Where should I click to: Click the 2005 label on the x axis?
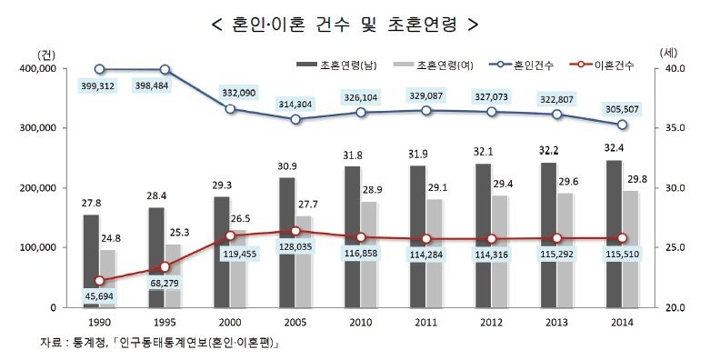(295, 321)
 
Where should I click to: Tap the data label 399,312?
(100, 87)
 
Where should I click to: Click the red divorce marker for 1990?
(100, 281)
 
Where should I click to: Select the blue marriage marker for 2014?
(622, 125)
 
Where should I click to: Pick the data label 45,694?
(100, 297)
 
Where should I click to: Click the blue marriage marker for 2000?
(231, 109)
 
